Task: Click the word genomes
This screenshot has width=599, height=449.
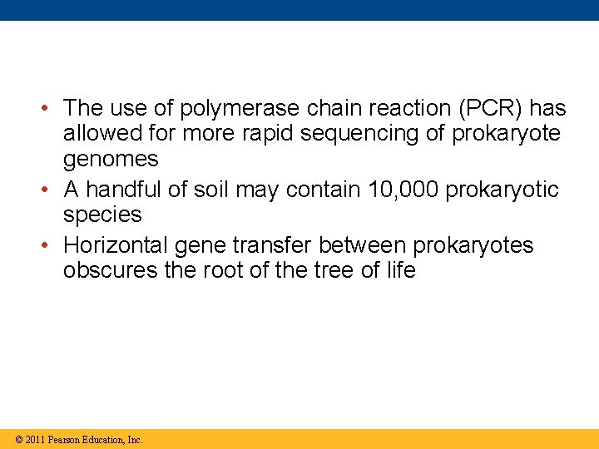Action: [111, 159]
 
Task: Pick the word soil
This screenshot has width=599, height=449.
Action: [211, 190]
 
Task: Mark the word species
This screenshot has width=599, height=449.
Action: [102, 215]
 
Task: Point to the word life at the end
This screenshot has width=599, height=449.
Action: [399, 270]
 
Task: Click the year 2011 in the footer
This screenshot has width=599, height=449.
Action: [35, 440]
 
